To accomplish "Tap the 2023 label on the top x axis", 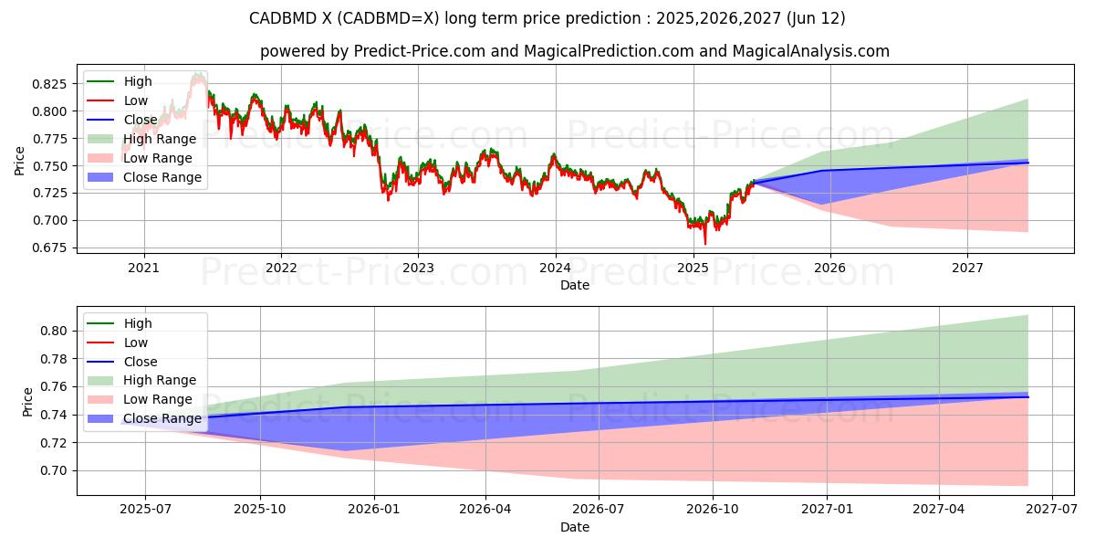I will pos(418,268).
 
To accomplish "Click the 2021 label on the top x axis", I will pos(143,268).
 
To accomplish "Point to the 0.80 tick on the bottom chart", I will pos(55,331).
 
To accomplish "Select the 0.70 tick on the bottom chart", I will pos(55,470).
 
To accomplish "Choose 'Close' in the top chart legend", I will pos(141,120).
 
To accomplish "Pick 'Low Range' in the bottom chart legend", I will pos(158,399).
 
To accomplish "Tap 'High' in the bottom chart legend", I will pos(138,323).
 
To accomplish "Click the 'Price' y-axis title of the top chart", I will pos(20,161).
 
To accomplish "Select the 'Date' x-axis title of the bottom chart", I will pos(575,527).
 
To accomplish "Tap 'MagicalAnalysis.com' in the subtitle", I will pos(812,51).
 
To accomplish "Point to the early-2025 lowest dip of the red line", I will pos(704,244).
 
